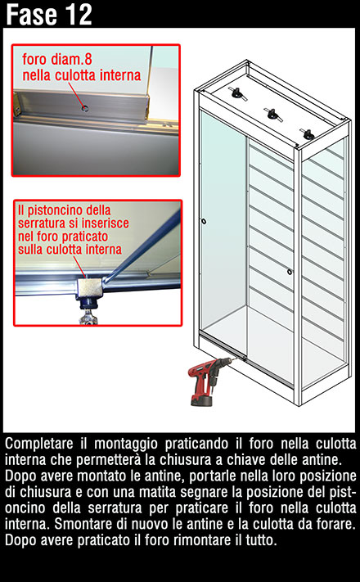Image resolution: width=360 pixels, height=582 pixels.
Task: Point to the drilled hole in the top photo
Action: click(85, 108)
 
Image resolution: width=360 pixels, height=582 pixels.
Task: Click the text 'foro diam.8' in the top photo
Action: click(56, 60)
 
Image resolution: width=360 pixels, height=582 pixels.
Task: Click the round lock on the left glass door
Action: click(204, 222)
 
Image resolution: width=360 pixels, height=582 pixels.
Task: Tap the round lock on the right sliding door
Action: click(289, 272)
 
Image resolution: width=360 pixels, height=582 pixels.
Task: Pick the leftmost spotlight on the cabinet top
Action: click(236, 92)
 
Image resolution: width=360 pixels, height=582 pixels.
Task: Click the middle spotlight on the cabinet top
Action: click(272, 114)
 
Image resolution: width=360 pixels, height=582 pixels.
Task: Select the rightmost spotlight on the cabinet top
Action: click(308, 134)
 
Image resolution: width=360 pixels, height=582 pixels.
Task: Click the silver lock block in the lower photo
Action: click(88, 286)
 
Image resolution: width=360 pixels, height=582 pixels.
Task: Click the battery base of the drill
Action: click(201, 400)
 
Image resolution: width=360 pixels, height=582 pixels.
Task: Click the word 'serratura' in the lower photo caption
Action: click(43, 223)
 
